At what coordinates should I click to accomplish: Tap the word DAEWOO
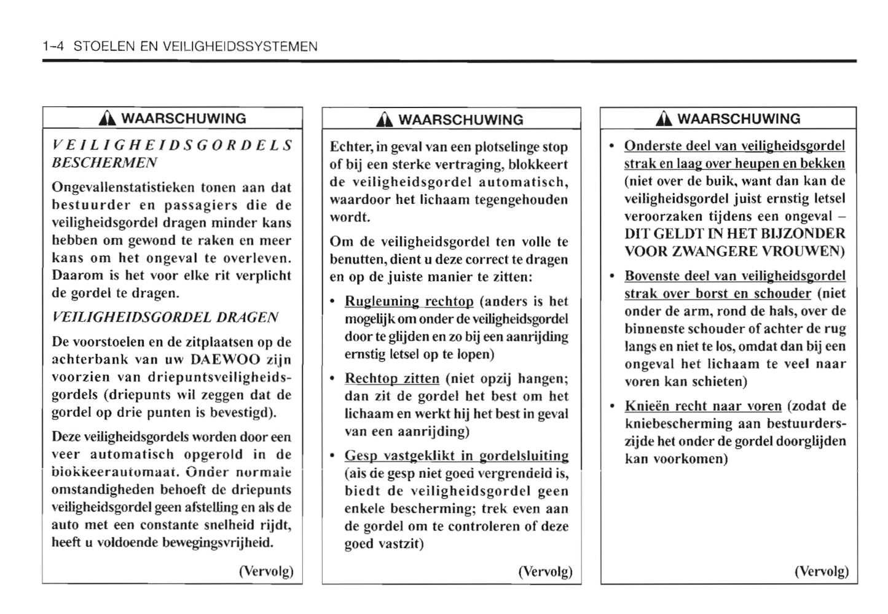(226, 360)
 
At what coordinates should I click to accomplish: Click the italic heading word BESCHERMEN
(104, 163)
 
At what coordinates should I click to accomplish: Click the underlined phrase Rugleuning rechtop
(409, 301)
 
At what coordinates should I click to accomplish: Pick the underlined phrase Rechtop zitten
(392, 379)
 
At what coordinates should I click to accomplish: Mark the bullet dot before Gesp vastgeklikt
(332, 456)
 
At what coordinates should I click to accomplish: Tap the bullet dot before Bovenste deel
(612, 276)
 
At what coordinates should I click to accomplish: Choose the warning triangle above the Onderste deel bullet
(665, 119)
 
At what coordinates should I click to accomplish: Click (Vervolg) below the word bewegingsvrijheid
(266, 572)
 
